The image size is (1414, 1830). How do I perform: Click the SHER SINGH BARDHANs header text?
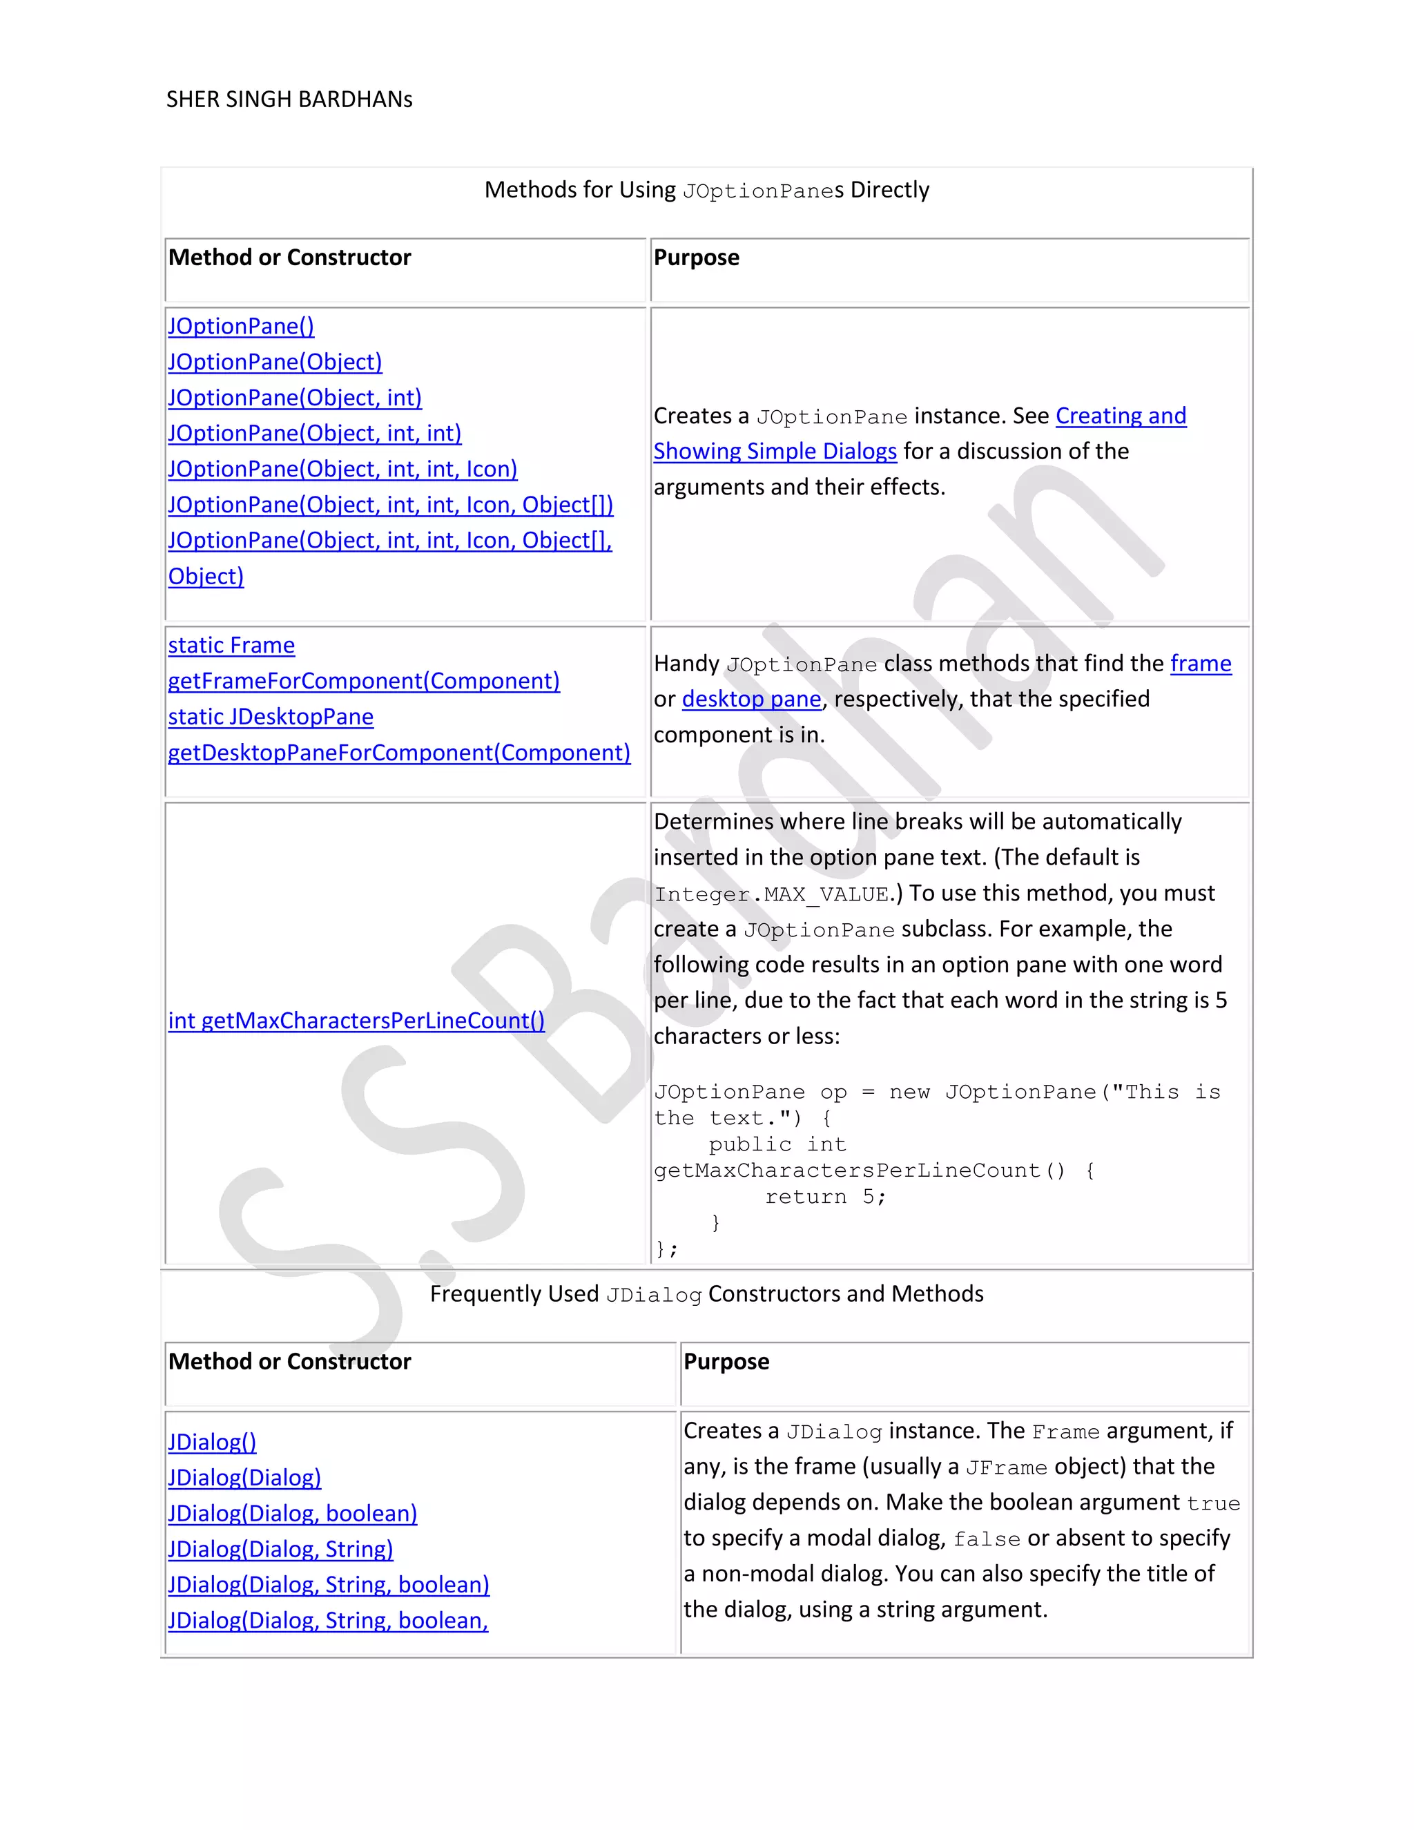(289, 99)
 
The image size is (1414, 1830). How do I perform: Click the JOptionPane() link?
(241, 326)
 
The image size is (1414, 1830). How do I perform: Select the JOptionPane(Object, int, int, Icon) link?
(342, 469)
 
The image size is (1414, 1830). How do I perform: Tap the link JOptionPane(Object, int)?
(295, 397)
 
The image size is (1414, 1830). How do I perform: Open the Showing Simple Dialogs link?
(775, 452)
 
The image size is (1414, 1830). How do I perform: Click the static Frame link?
(231, 645)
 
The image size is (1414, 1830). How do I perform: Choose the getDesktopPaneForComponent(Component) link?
(399, 753)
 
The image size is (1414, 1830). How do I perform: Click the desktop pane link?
(751, 699)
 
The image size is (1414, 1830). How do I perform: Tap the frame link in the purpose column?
(1201, 664)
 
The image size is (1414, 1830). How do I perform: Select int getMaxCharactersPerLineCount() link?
(356, 1021)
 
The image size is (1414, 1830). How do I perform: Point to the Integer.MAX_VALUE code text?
(771, 895)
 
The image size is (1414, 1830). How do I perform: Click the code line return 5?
(825, 1197)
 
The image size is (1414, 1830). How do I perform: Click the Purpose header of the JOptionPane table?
(696, 258)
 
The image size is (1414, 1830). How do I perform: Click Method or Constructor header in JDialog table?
(290, 1362)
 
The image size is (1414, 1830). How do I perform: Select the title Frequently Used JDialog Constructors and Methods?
(706, 1295)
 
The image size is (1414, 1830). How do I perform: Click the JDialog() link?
(212, 1442)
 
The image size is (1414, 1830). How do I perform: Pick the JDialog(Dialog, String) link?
(280, 1550)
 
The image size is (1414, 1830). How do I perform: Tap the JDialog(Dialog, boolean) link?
(292, 1513)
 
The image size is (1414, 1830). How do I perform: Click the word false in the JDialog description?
(986, 1539)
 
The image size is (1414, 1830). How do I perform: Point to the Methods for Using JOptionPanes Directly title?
(706, 190)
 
